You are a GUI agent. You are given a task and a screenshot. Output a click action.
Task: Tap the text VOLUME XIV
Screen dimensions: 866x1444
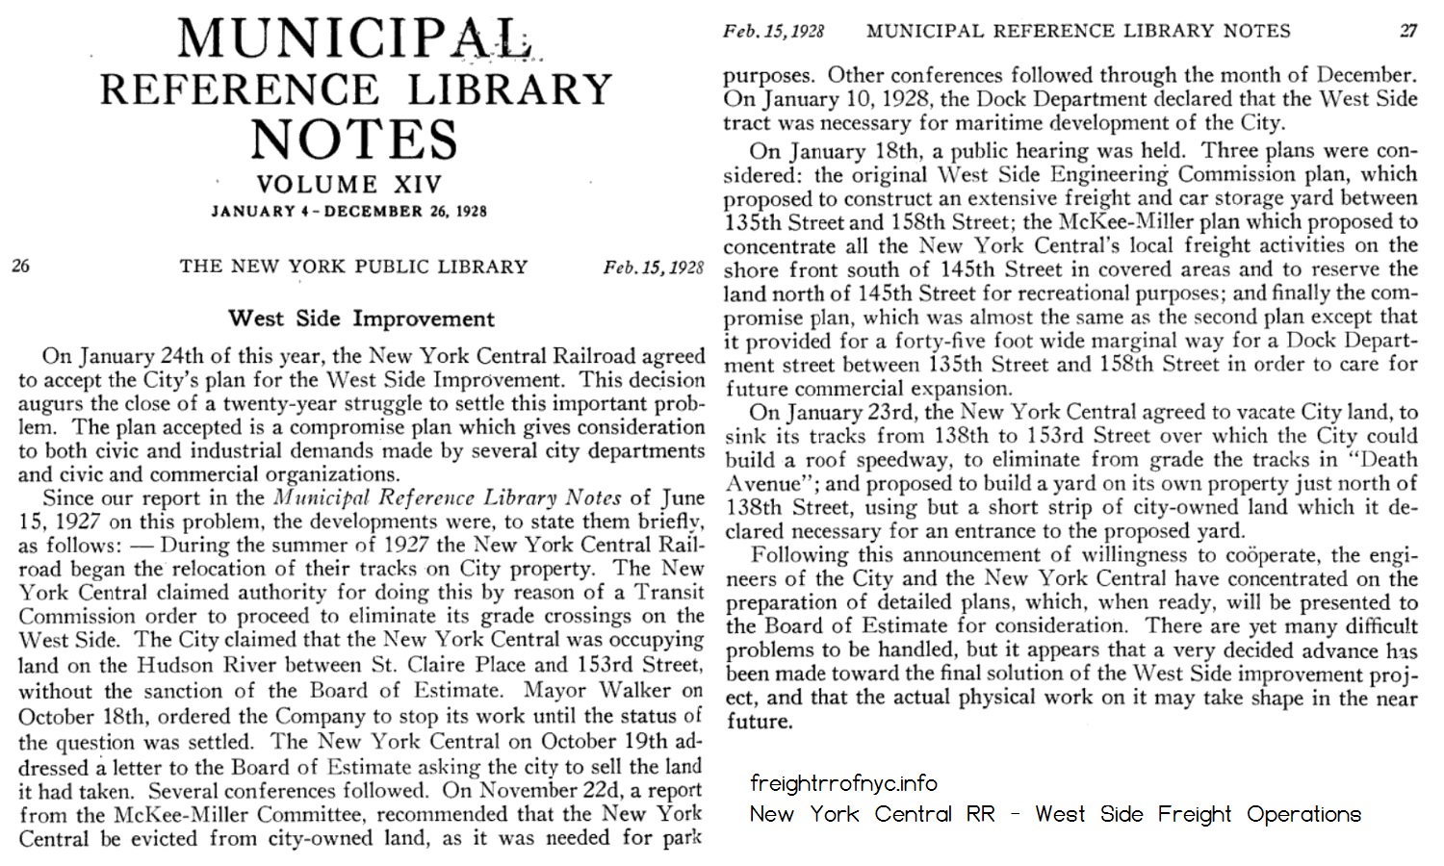pos(348,185)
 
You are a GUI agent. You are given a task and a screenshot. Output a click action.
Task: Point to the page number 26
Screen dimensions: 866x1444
pos(20,266)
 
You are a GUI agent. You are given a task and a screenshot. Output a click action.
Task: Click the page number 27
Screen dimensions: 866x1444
pos(1408,31)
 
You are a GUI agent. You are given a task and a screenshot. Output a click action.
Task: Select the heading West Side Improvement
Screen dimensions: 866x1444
pos(361,318)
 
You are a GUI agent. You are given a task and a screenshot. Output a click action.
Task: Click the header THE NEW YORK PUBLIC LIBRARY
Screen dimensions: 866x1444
pos(353,267)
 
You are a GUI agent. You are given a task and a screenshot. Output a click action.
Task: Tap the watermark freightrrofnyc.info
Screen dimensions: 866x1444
pos(843,783)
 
